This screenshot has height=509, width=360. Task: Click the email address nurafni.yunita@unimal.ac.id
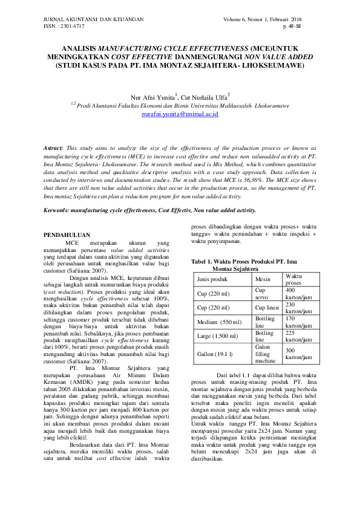180,114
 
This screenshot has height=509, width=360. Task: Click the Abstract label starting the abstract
55,148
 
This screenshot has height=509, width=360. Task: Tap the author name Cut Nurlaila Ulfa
202,96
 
